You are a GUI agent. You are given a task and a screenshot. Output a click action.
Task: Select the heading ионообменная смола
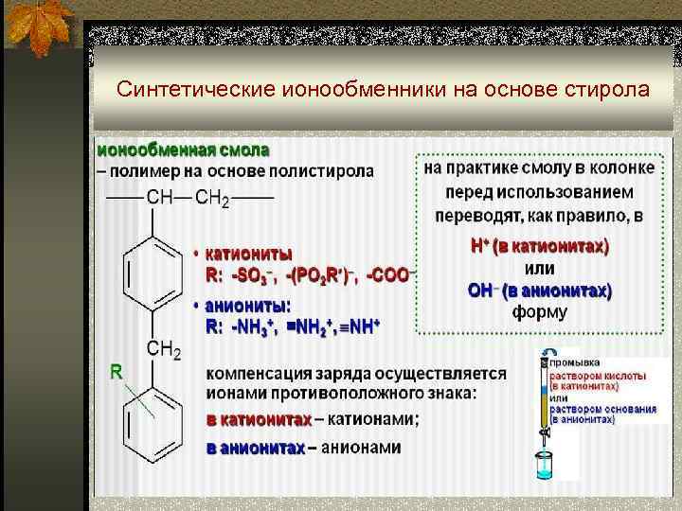click(183, 150)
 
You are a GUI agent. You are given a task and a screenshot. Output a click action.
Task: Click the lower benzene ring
click(149, 424)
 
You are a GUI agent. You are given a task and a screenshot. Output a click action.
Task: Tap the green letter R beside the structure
click(116, 373)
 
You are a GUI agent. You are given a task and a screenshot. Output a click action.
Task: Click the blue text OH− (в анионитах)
click(540, 290)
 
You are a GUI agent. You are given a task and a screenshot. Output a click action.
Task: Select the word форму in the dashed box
click(540, 311)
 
